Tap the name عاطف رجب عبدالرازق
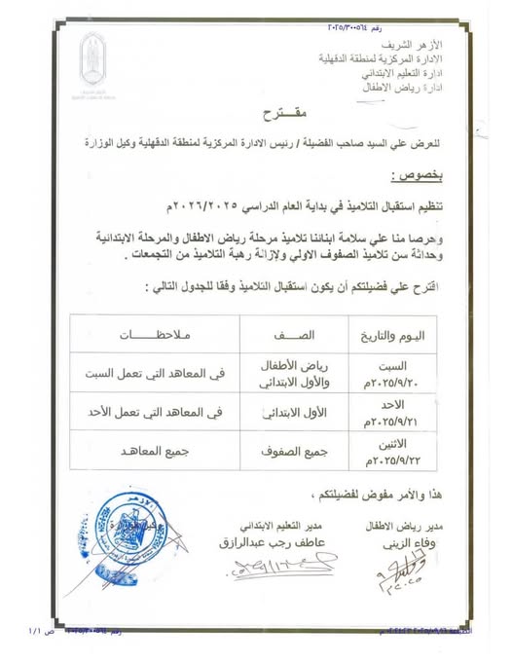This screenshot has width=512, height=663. click(x=276, y=541)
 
